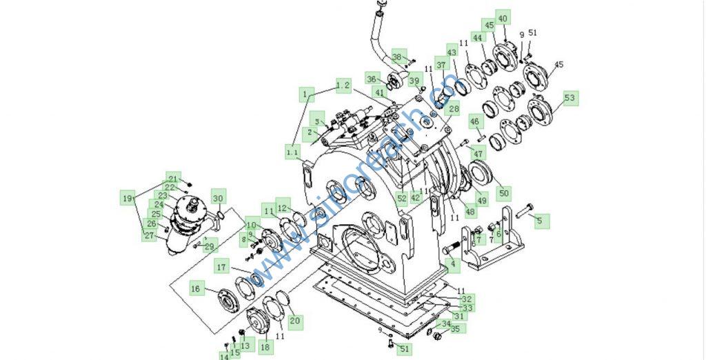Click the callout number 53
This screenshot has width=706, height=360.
tap(569, 98)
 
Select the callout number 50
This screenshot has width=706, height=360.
tap(503, 192)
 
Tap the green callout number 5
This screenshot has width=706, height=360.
tap(540, 221)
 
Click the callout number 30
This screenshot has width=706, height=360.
tap(218, 199)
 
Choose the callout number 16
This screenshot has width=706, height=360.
tap(196, 290)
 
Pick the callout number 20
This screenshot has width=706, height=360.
tap(294, 321)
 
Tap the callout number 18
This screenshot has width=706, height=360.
tap(265, 347)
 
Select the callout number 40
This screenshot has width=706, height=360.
tap(503, 19)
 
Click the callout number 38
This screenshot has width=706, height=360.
tap(397, 57)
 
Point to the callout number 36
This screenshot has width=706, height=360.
tap(372, 79)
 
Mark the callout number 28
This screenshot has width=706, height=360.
tap(453, 108)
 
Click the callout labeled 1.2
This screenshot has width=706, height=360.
tap(343, 86)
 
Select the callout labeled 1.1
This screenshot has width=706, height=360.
tap(292, 150)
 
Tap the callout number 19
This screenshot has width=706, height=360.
tap(127, 198)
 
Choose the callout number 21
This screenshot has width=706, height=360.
tap(173, 178)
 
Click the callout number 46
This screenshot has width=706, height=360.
tap(474, 122)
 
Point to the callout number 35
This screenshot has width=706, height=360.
tap(455, 329)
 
